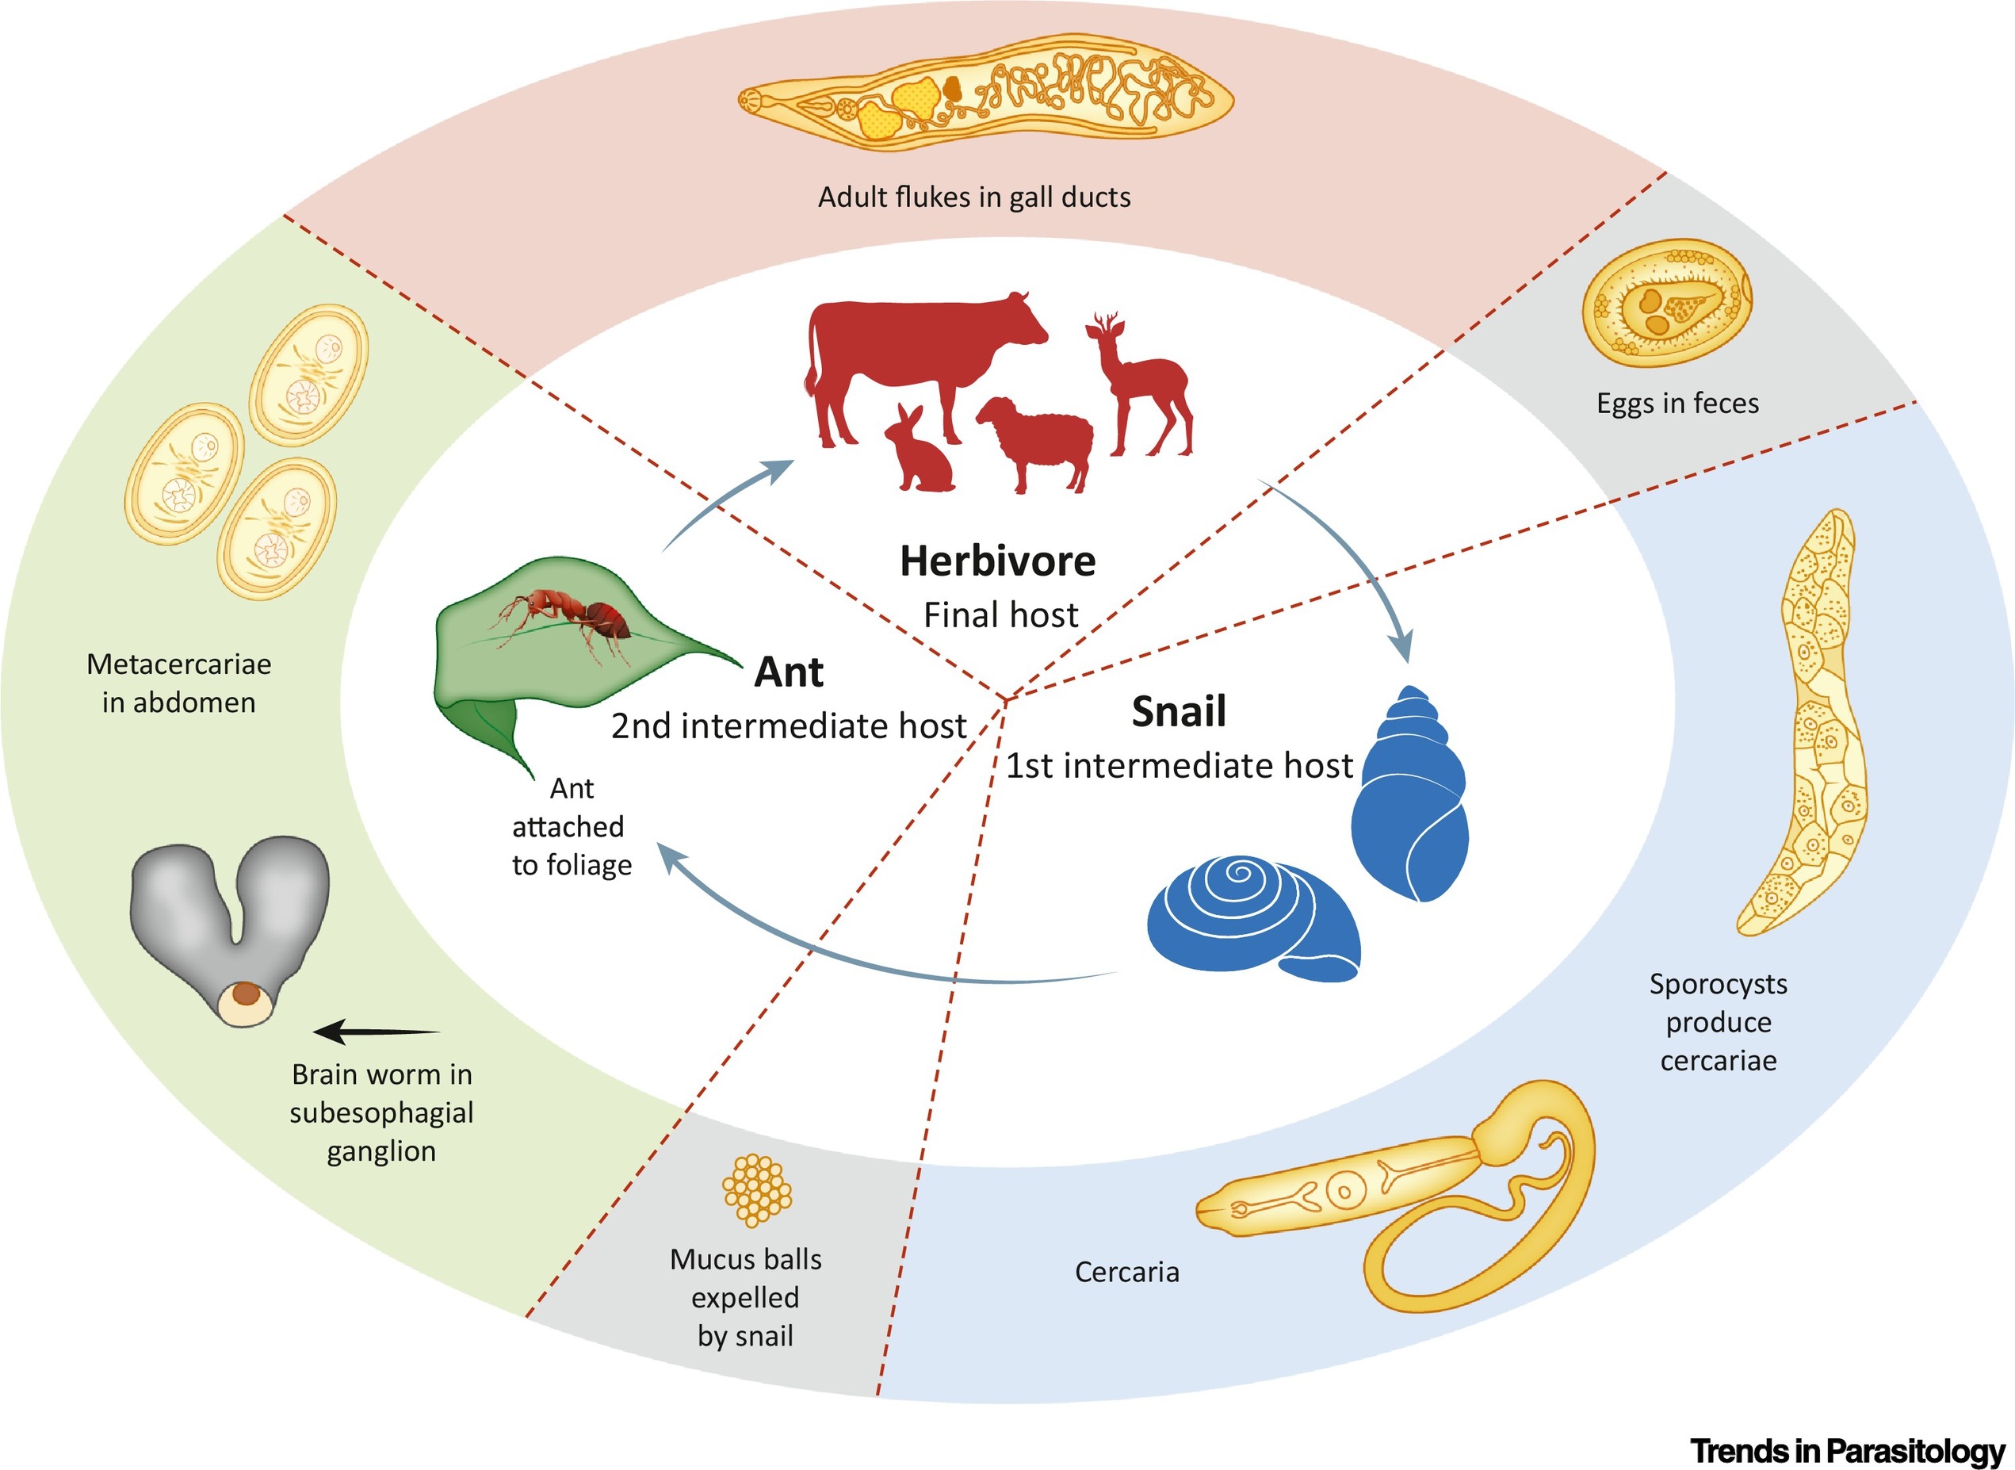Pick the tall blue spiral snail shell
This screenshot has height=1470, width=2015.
tap(1409, 801)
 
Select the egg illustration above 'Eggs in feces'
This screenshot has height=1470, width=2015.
tap(1665, 303)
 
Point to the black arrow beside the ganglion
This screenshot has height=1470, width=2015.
tap(376, 1032)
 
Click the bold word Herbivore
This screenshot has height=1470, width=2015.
tap(997, 561)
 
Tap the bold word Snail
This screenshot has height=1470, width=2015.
tap(1178, 712)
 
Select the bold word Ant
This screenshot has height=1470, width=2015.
tap(788, 672)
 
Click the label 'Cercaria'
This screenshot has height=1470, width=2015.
tap(1126, 1272)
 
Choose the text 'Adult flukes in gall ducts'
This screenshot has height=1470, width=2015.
tap(974, 197)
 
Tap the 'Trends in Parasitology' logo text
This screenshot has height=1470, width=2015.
tap(1847, 1450)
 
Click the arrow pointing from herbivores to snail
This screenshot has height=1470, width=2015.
tap(1352, 561)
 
